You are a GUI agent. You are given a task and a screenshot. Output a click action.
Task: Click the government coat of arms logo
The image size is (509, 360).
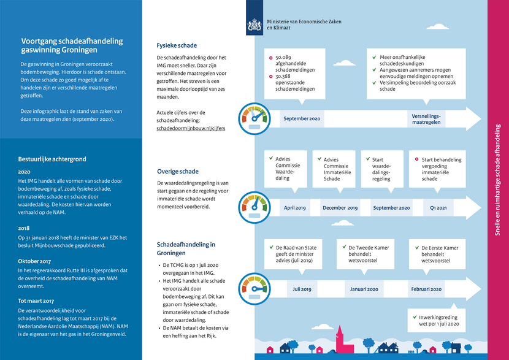tap(254, 25)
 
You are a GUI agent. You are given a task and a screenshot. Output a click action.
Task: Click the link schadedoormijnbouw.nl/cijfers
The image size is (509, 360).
tap(191, 129)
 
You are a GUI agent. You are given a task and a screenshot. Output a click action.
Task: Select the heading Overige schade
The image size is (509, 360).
tap(178, 172)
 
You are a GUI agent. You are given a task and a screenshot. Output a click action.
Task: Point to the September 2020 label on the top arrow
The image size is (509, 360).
tap(302, 118)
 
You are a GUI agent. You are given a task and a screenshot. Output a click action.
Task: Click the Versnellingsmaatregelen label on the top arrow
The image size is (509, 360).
tap(427, 118)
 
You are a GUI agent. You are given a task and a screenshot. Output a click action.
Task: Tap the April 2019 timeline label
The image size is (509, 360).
tap(295, 208)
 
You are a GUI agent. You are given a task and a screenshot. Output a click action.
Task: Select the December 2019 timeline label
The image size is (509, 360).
tap(340, 208)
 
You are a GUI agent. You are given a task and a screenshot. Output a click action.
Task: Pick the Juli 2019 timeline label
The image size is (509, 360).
tap(302, 289)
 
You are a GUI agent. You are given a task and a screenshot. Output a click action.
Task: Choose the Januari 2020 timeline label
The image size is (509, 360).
tap(362, 289)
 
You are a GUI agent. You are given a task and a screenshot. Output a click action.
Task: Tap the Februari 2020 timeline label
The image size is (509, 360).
tap(426, 289)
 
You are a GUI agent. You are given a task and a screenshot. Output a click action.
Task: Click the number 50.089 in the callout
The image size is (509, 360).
tap(283, 57)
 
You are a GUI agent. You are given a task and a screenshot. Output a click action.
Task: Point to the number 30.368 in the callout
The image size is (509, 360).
tap(283, 77)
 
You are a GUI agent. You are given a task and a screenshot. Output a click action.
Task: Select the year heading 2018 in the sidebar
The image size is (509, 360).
tap(25, 228)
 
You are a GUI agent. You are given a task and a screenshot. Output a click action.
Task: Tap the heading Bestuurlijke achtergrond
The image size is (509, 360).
tap(52, 159)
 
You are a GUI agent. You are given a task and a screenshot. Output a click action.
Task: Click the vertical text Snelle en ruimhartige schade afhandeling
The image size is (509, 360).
tap(497, 179)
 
